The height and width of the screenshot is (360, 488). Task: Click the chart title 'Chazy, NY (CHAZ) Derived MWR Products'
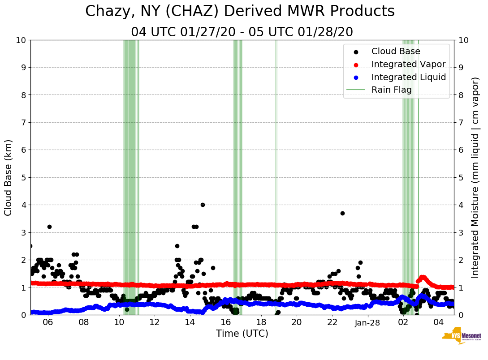click(x=240, y=11)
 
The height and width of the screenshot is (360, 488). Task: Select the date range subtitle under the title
click(x=242, y=32)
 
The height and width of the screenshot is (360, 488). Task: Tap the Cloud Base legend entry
click(x=396, y=51)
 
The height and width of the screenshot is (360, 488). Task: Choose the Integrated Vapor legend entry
click(x=408, y=64)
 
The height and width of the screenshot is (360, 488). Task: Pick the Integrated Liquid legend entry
click(x=408, y=77)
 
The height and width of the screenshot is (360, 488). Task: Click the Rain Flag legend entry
click(x=391, y=90)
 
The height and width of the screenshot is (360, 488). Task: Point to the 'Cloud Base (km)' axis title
click(x=9, y=177)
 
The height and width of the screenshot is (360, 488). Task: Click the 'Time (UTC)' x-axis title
click(x=242, y=334)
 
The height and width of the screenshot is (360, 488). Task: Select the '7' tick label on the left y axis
click(x=23, y=122)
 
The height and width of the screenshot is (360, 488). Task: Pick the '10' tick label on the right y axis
click(x=463, y=40)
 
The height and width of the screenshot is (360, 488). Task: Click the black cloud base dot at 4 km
click(x=203, y=205)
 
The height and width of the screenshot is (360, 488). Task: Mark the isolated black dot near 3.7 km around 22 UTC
click(x=342, y=213)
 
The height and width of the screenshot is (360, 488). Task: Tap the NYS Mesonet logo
click(x=461, y=338)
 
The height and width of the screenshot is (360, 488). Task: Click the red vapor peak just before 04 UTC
click(x=422, y=277)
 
